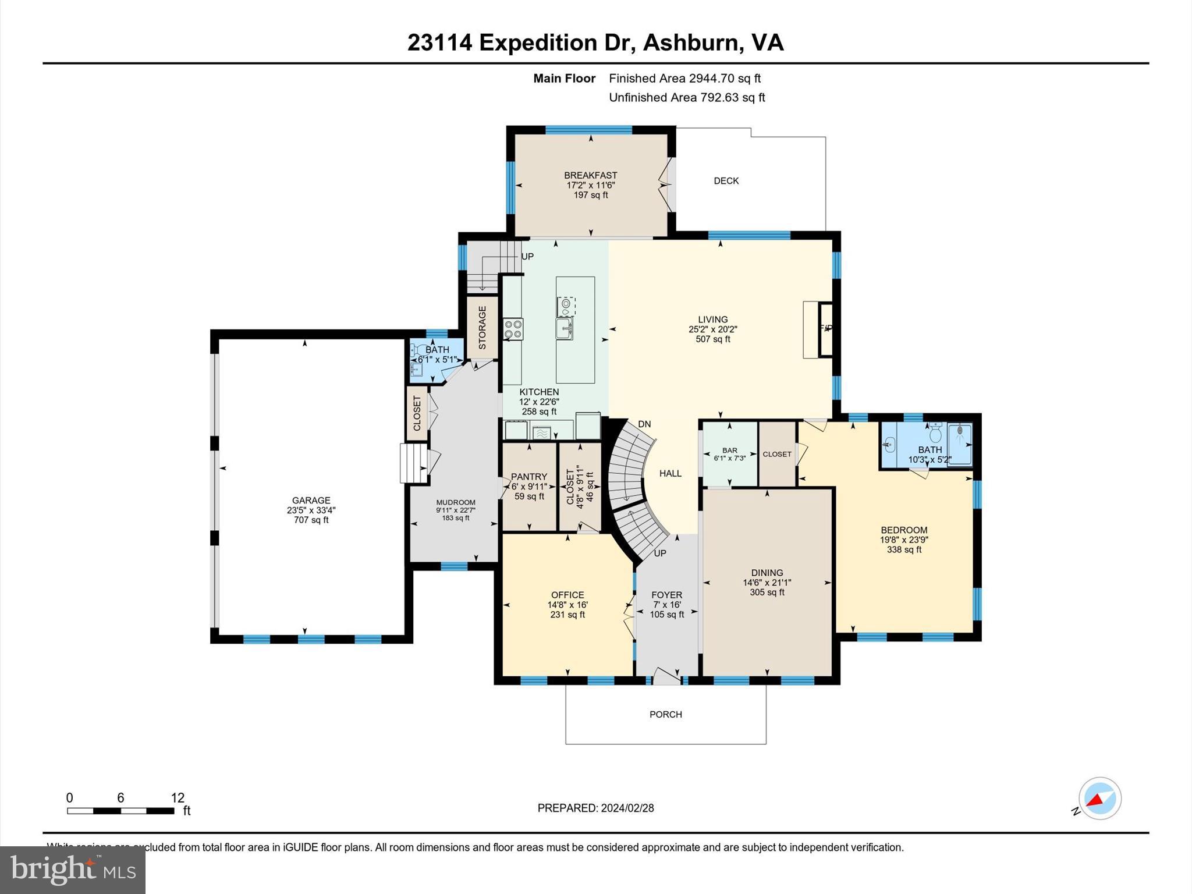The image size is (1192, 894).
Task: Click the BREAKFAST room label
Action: coord(590,175)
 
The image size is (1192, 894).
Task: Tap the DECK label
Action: coord(726,181)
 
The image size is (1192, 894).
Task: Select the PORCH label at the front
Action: coord(665,714)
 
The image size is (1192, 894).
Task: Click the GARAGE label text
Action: coord(311,500)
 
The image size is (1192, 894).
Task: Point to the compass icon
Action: coord(1099,799)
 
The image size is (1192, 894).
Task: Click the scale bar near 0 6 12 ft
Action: coord(120,811)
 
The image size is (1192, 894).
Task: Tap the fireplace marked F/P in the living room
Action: coord(825,329)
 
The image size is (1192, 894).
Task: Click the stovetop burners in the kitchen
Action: coord(513,329)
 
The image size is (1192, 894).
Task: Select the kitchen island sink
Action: coord(564,327)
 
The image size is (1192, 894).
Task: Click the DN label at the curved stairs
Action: coord(644,424)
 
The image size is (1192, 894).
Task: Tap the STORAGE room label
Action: coord(482,328)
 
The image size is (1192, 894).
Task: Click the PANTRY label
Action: coord(528,477)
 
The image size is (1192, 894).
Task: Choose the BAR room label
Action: coord(729,450)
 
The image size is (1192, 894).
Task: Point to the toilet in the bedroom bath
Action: coord(935,433)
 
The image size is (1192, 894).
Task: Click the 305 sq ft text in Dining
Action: coord(767,593)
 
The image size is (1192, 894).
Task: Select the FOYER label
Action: coord(666,595)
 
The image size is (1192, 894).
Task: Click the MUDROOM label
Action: coord(456,502)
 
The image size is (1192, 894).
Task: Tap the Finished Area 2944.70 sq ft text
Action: coord(684,78)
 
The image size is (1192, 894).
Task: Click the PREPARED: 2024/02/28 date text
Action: coord(595,808)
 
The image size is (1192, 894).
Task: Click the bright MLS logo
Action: coord(73,870)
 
